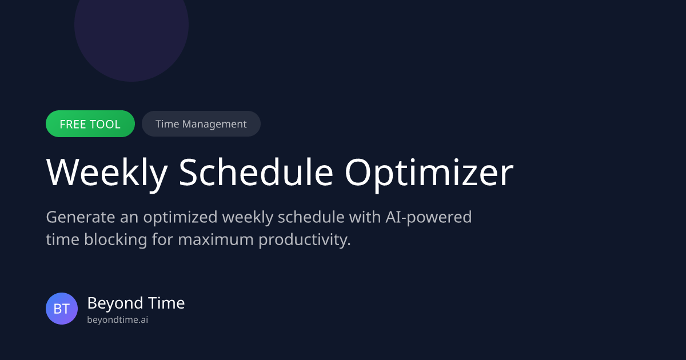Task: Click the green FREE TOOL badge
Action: point(90,124)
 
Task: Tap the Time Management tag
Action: point(201,124)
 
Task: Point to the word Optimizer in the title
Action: point(429,172)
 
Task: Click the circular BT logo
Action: point(62,309)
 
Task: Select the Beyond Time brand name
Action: point(136,303)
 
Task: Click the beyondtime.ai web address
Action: point(117,320)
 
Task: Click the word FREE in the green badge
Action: point(73,124)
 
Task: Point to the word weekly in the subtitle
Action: point(249,218)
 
